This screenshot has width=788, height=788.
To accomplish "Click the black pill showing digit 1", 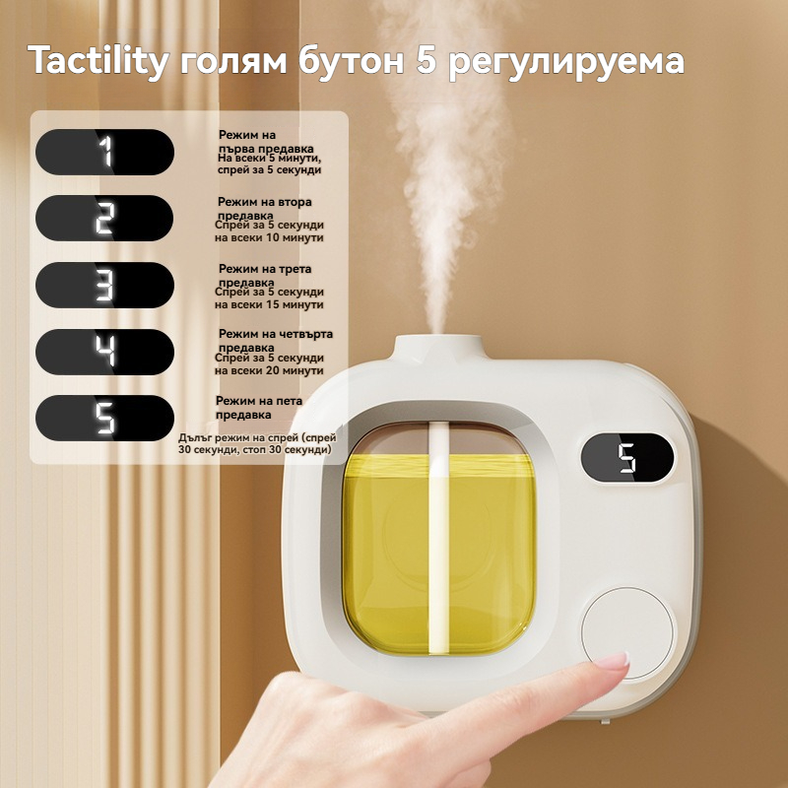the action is tap(105, 153).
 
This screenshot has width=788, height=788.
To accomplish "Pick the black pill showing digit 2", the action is tap(104, 218).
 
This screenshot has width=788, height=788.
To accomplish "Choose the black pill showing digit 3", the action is tap(105, 285).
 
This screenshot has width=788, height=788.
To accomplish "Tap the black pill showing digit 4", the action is tap(105, 352).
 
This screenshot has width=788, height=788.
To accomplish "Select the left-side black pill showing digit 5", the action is tap(105, 418).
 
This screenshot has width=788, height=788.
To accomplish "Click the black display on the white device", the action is tap(627, 458).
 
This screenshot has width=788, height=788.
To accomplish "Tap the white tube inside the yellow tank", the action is tap(437, 538).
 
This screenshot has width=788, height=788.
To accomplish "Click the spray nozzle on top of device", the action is tap(437, 346).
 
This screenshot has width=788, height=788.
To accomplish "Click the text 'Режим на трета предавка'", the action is tap(265, 276).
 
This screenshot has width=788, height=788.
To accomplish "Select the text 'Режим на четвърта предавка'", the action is tap(276, 341).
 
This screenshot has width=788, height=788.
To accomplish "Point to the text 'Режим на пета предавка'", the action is tap(259, 408).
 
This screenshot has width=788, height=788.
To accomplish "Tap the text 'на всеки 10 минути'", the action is tap(269, 237).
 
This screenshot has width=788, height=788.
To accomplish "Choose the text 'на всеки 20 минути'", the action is tap(269, 371).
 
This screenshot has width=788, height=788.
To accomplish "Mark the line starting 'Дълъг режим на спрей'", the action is tap(257, 437).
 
